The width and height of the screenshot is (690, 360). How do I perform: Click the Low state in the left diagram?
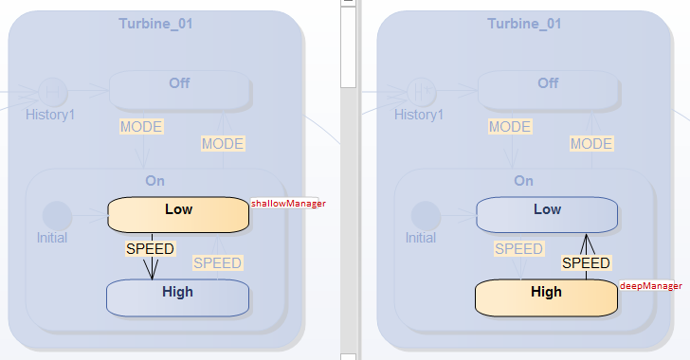(178, 213)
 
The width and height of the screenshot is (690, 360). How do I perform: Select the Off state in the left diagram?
(179, 88)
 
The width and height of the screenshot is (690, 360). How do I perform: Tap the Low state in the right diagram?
(547, 214)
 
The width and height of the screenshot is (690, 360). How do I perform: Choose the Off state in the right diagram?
(548, 88)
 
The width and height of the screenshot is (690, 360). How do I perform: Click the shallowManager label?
(288, 203)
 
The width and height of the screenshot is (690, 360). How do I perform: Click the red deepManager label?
(650, 285)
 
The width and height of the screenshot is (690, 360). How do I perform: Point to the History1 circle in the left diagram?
(53, 92)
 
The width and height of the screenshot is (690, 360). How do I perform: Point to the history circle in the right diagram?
(422, 92)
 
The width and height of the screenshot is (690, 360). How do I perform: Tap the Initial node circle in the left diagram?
(57, 215)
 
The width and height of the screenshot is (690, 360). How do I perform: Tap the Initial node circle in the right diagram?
(426, 215)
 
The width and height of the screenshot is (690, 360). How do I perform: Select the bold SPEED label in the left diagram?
(150, 249)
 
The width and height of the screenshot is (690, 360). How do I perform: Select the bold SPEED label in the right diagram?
(586, 262)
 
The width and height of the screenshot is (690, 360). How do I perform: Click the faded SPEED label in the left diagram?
(217, 262)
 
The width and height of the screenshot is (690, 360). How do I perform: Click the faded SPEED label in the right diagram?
(518, 249)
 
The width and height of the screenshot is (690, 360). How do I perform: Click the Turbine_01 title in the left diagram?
(155, 24)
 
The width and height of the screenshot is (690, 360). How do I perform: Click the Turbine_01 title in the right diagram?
(524, 24)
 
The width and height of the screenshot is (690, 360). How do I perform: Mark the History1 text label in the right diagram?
(418, 115)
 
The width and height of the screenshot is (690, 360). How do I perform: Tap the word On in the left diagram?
(155, 180)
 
